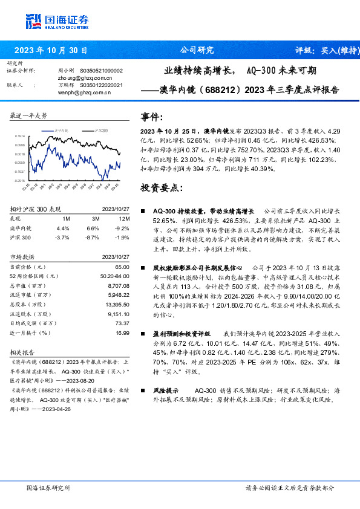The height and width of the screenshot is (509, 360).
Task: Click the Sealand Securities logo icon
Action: pyautogui.click(x=34, y=21)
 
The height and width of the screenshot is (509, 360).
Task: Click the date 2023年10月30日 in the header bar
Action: pyautogui.click(x=51, y=50)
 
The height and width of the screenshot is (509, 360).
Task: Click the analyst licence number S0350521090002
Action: pyautogui.click(x=101, y=71)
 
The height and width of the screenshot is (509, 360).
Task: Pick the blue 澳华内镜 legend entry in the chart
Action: pyautogui.click(x=59, y=130)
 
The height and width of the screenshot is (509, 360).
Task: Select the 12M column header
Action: pyautogui.click(x=124, y=218)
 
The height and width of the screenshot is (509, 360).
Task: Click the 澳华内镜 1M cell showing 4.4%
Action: pyautogui.click(x=63, y=228)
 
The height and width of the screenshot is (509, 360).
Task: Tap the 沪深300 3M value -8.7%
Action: pyautogui.click(x=93, y=238)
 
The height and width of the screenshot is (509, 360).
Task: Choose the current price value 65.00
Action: pyautogui.click(x=122, y=267)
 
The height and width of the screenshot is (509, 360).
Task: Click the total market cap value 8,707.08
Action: pyautogui.click(x=117, y=285)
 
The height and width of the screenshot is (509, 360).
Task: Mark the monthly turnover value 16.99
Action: pyautogui.click(x=122, y=332)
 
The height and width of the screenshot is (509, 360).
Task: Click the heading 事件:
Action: pyautogui.click(x=151, y=117)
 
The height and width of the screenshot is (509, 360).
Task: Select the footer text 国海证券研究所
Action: pyautogui.click(x=48, y=487)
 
